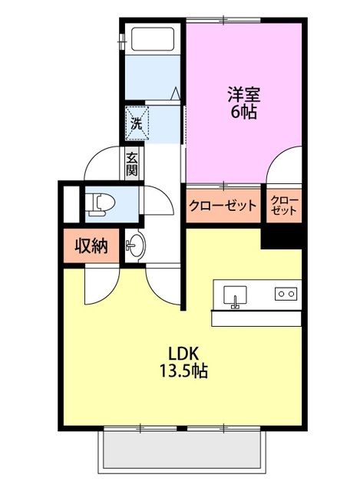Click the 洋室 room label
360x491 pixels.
[243, 96]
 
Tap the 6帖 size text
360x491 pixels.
[243, 112]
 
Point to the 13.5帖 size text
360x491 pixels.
[184, 371]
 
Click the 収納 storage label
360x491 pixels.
[90, 247]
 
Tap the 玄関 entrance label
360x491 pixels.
[132, 164]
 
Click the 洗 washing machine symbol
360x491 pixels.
[136, 122]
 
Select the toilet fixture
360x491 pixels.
[101, 203]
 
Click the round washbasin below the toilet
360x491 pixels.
[135, 247]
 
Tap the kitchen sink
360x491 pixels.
[234, 294]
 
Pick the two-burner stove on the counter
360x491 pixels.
[286, 293]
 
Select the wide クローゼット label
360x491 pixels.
[223, 206]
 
